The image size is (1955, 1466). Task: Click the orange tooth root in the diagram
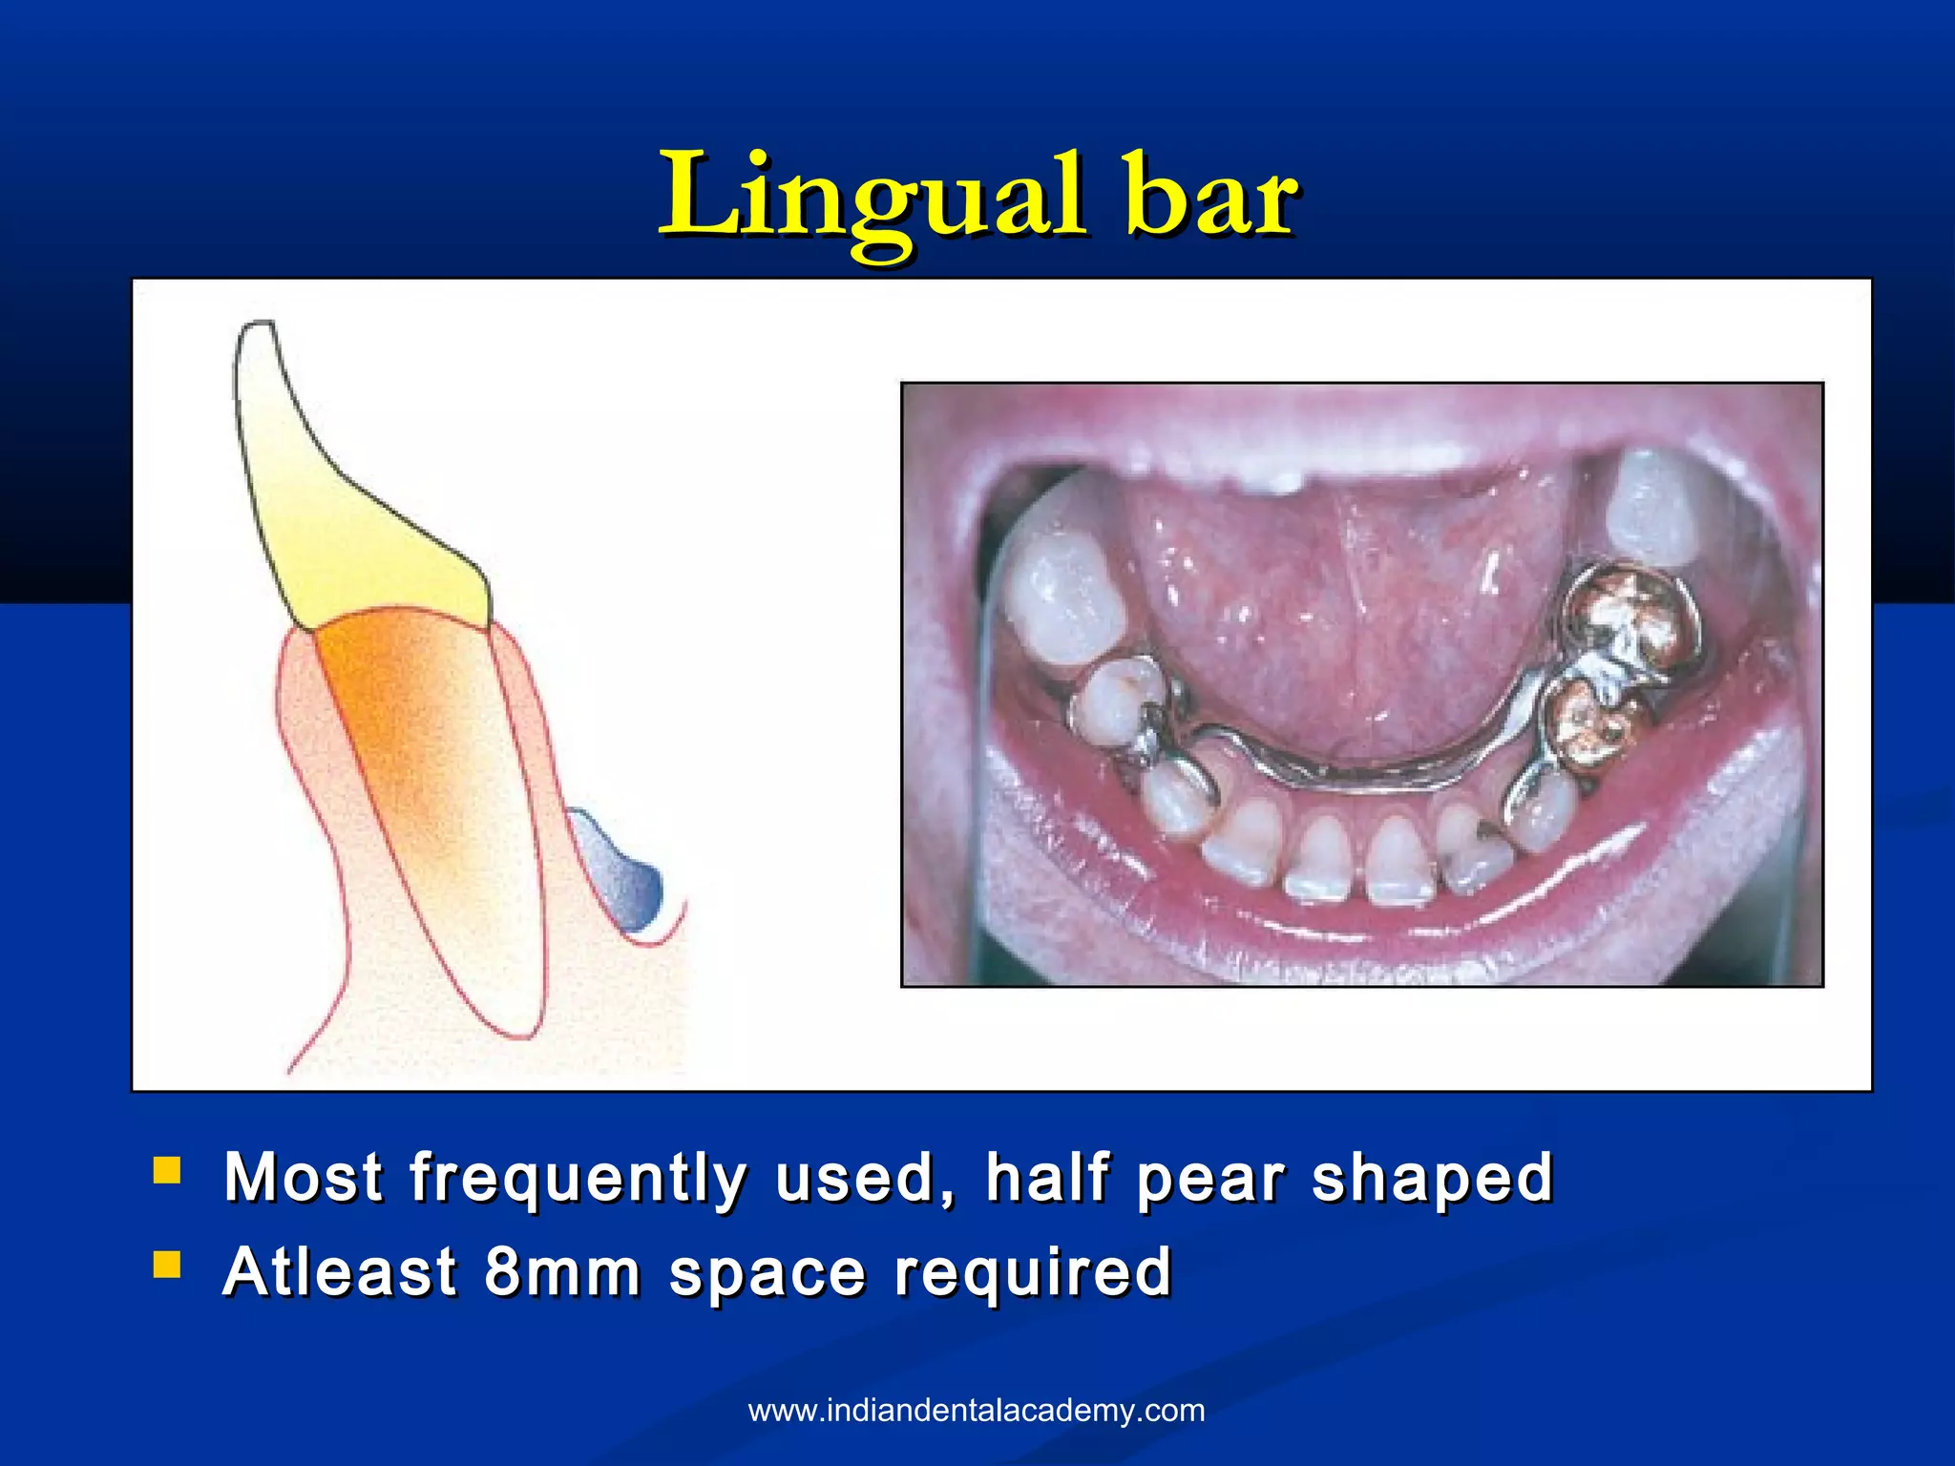[x=410, y=725]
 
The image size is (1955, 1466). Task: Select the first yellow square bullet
[x=167, y=1170]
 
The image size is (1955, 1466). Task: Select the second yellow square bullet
[x=167, y=1265]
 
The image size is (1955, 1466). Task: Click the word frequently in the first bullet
[x=578, y=1178]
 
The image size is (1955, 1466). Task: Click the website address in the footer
[x=977, y=1410]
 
